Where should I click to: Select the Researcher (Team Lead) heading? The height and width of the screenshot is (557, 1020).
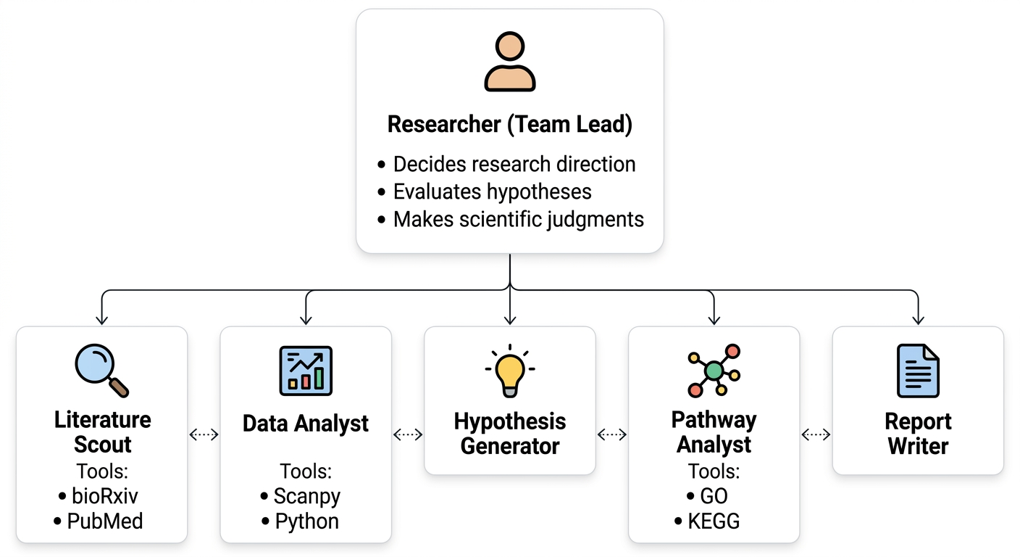(x=509, y=124)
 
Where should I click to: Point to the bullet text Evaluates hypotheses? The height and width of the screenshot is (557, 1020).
(x=492, y=191)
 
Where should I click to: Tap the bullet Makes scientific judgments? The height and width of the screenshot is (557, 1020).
(x=518, y=219)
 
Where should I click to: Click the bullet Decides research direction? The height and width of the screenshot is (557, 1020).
(x=514, y=164)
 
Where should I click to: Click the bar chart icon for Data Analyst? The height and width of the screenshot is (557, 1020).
(x=305, y=371)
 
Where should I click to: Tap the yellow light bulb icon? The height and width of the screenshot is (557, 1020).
(x=509, y=371)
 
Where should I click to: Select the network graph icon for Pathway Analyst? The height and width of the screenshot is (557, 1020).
(x=714, y=371)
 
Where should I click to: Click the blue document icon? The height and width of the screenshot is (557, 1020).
(x=918, y=371)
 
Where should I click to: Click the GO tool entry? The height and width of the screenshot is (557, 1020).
(x=708, y=497)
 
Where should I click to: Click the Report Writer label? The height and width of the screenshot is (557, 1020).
(x=918, y=433)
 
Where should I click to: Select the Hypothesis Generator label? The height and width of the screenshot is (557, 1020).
(x=509, y=433)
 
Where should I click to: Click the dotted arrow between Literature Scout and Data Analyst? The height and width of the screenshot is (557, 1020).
(x=204, y=434)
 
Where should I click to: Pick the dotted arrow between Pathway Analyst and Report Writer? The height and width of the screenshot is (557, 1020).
(x=816, y=434)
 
